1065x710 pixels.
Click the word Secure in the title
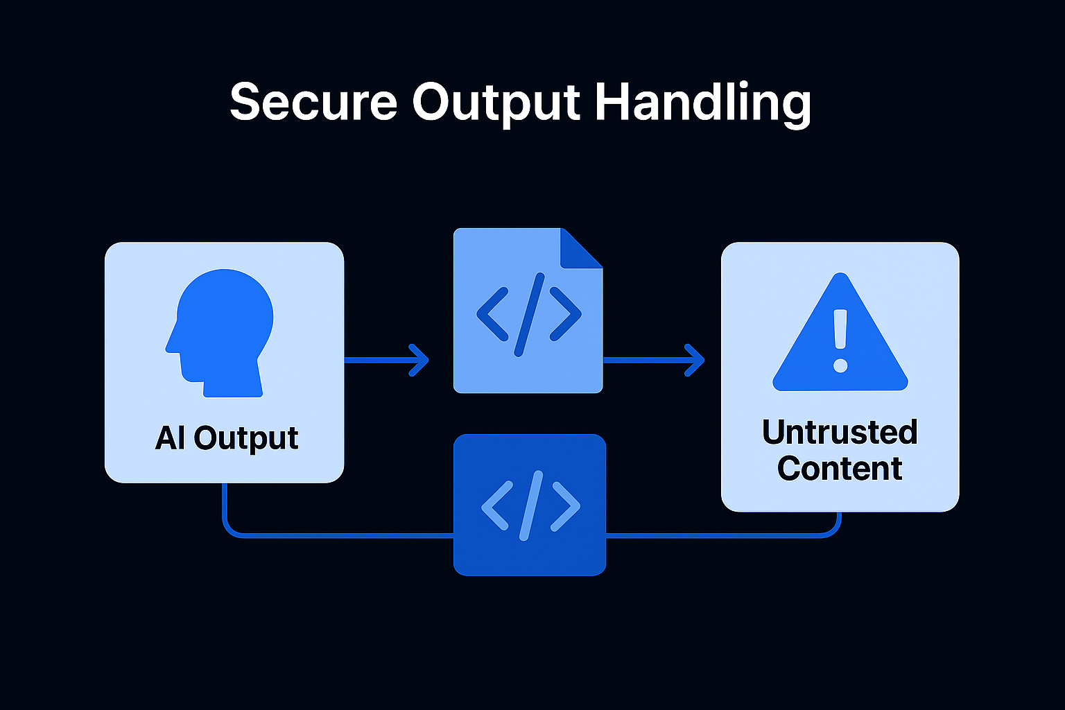(x=313, y=103)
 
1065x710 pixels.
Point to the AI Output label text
(x=227, y=438)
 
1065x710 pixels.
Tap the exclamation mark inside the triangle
(x=840, y=340)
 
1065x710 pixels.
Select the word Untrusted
(x=840, y=432)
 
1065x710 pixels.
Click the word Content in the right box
(x=840, y=469)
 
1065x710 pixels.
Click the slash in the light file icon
(x=529, y=313)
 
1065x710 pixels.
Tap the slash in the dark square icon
(x=530, y=505)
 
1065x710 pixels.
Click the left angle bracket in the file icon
(x=492, y=314)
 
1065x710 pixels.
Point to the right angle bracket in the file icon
(x=566, y=314)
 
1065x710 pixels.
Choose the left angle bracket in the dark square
(x=494, y=505)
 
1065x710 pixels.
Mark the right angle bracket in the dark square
(x=566, y=505)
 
